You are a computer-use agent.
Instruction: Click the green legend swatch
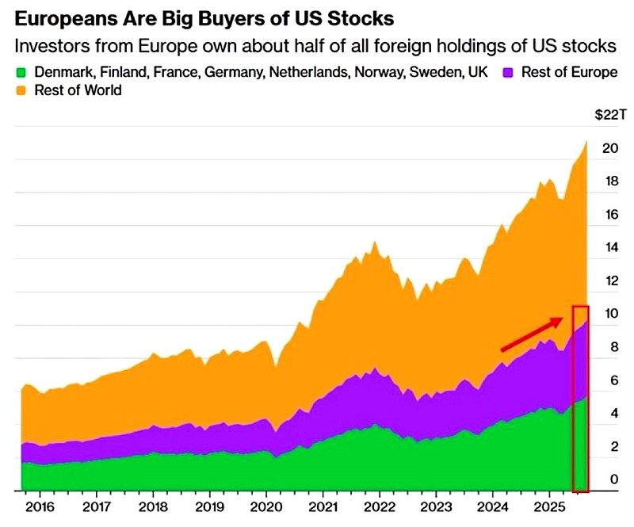pos(21,72)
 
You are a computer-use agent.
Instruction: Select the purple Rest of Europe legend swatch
pos(510,72)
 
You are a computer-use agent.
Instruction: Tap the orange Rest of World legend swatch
pos(21,90)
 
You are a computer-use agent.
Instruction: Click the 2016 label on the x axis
pos(40,506)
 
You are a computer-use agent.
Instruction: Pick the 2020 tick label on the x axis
pos(266,506)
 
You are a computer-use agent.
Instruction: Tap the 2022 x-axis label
pos(380,506)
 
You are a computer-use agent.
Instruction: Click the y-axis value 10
pos(609,314)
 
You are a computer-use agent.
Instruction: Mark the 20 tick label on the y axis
pos(609,148)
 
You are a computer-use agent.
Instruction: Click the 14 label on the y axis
pos(609,247)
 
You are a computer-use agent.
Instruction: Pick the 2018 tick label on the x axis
pos(153,506)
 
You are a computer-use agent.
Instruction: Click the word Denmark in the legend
pos(62,72)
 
